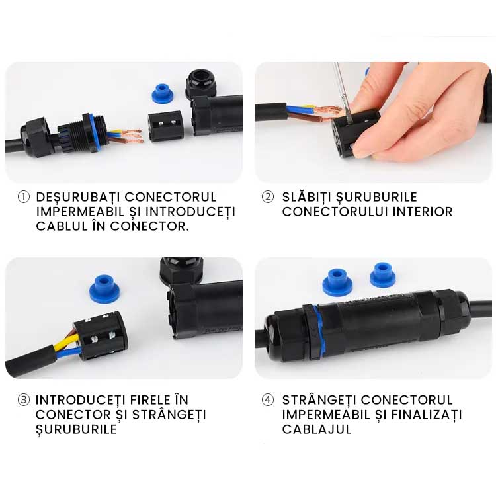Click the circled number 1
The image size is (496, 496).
tap(24, 198)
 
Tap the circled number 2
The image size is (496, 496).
tap(267, 197)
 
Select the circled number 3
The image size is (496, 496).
tap(24, 400)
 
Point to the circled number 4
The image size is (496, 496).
tap(267, 400)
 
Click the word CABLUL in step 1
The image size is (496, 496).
tap(58, 226)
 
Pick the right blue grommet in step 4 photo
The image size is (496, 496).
tap(383, 274)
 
